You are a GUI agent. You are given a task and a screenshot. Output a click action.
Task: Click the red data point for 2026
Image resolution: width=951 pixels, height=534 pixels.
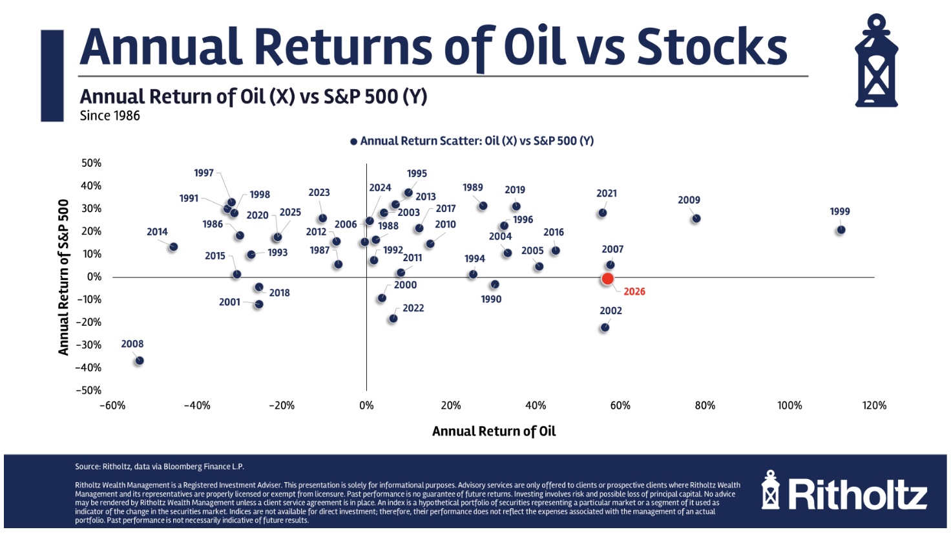tap(607, 279)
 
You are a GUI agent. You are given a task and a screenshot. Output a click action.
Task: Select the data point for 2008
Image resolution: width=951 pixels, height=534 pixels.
tap(139, 361)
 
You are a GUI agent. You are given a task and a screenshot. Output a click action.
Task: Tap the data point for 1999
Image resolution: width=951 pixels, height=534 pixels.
tap(841, 230)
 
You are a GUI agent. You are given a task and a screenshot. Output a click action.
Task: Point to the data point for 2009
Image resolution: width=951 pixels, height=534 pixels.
tap(696, 219)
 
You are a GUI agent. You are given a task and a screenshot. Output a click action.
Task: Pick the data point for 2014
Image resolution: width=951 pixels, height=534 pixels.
tap(173, 247)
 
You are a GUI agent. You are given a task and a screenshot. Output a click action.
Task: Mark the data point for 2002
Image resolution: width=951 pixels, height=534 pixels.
tap(605, 328)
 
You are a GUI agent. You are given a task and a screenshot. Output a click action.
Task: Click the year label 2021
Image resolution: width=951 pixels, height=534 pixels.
tap(606, 193)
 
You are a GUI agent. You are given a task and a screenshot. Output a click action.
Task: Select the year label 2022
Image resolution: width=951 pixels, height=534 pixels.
tap(413, 308)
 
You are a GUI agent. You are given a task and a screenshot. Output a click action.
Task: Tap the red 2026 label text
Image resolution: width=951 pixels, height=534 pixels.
tap(634, 292)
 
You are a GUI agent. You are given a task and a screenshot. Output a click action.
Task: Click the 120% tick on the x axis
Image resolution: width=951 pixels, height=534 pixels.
tap(874, 405)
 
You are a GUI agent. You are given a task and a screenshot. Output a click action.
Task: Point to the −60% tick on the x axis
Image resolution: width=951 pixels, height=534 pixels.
tap(112, 405)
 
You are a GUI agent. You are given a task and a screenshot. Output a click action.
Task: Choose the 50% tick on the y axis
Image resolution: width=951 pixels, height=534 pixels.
tap(91, 163)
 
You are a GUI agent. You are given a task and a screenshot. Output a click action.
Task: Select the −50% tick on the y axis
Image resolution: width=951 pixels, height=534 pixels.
tap(89, 390)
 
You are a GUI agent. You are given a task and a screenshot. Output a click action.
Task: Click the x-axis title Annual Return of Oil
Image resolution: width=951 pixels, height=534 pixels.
tap(494, 431)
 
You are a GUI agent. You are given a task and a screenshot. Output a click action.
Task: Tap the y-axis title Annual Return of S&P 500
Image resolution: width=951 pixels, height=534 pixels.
tap(63, 277)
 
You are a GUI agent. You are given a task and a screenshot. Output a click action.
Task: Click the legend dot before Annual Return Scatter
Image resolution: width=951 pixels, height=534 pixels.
tap(353, 142)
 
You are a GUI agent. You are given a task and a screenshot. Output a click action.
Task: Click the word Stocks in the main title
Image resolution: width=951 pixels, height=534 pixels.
tap(712, 47)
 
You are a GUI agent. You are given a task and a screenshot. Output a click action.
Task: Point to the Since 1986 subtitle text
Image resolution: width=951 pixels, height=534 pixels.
tap(110, 116)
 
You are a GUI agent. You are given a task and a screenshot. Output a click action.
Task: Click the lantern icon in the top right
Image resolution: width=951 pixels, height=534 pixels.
tap(876, 62)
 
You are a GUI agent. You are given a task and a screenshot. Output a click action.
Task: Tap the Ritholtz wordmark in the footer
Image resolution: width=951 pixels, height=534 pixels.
tap(857, 495)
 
